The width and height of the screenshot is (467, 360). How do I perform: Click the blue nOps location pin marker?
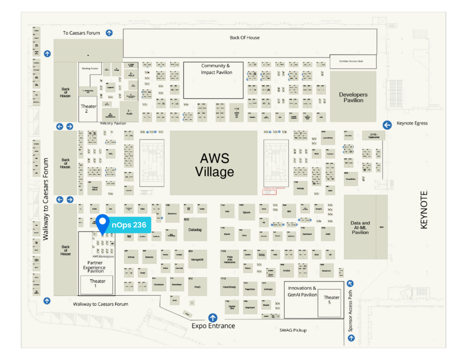[x=103, y=223]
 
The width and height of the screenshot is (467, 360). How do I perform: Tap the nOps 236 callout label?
[x=129, y=224]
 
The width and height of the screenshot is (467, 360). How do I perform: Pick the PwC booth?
[x=197, y=286]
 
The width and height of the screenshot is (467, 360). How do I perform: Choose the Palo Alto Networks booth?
[x=229, y=259]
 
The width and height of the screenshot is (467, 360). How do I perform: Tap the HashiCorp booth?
[x=229, y=287]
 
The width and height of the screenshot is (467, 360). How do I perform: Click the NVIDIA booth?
[x=286, y=270]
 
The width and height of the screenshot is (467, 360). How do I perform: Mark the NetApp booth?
[x=300, y=188]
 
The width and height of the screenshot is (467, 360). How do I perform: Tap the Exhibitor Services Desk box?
[x=353, y=61]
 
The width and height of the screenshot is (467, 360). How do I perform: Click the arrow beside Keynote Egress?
[x=387, y=125]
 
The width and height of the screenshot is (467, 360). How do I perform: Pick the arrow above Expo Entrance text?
[x=213, y=318]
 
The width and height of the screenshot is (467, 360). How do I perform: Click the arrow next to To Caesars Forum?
[x=109, y=33]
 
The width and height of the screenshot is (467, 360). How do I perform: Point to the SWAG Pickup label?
[x=293, y=330]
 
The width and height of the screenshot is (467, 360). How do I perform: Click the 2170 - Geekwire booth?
[x=374, y=136]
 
